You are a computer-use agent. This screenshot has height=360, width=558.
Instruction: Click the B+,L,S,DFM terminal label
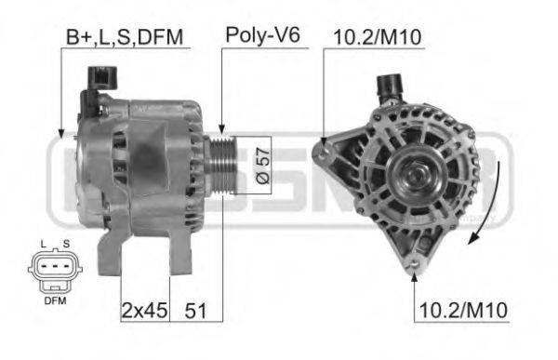(x=125, y=37)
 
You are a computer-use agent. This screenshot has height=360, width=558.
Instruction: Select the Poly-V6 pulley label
(x=253, y=37)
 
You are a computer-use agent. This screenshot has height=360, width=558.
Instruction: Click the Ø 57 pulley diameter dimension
(x=261, y=166)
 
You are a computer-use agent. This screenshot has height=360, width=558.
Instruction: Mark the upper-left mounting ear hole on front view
(x=322, y=146)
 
